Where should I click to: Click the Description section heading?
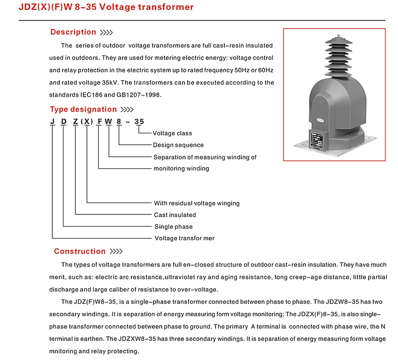pyautogui.click(x=73, y=32)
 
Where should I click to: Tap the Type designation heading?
pyautogui.click(x=83, y=109)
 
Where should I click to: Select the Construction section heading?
pyautogui.click(x=80, y=251)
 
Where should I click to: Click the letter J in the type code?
pyautogui.click(x=52, y=122)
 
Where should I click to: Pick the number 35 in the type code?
pyautogui.click(x=139, y=122)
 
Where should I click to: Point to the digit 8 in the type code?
pyautogui.click(x=120, y=122)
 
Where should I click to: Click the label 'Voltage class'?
pyautogui.click(x=172, y=133)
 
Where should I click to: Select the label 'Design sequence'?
pyautogui.click(x=178, y=145)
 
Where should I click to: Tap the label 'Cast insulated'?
pyautogui.click(x=175, y=215)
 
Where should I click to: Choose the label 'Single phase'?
pyautogui.click(x=174, y=227)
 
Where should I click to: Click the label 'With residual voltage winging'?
pyautogui.click(x=197, y=203)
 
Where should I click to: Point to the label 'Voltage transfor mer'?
pyautogui.click(x=185, y=239)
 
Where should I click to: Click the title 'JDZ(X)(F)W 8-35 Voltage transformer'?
pyautogui.click(x=106, y=7)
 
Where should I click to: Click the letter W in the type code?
pyautogui.click(x=109, y=122)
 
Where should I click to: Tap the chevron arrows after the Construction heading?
pyautogui.click(x=116, y=252)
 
